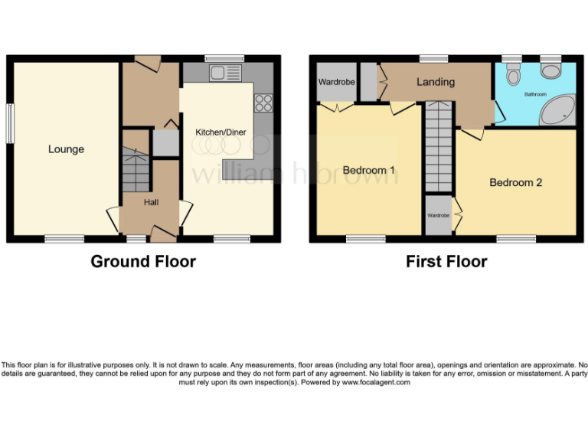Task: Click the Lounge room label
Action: tap(66, 149)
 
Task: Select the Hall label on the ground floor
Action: tap(152, 202)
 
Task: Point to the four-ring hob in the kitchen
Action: tap(265, 102)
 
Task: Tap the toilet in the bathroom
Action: tap(513, 73)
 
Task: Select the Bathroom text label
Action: tap(534, 94)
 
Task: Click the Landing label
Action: tap(436, 82)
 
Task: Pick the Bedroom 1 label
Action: tap(369, 169)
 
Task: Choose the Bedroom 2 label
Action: tap(516, 182)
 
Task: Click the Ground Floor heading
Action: tap(143, 262)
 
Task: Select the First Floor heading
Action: tap(446, 262)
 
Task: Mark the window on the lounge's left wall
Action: tap(10, 122)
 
